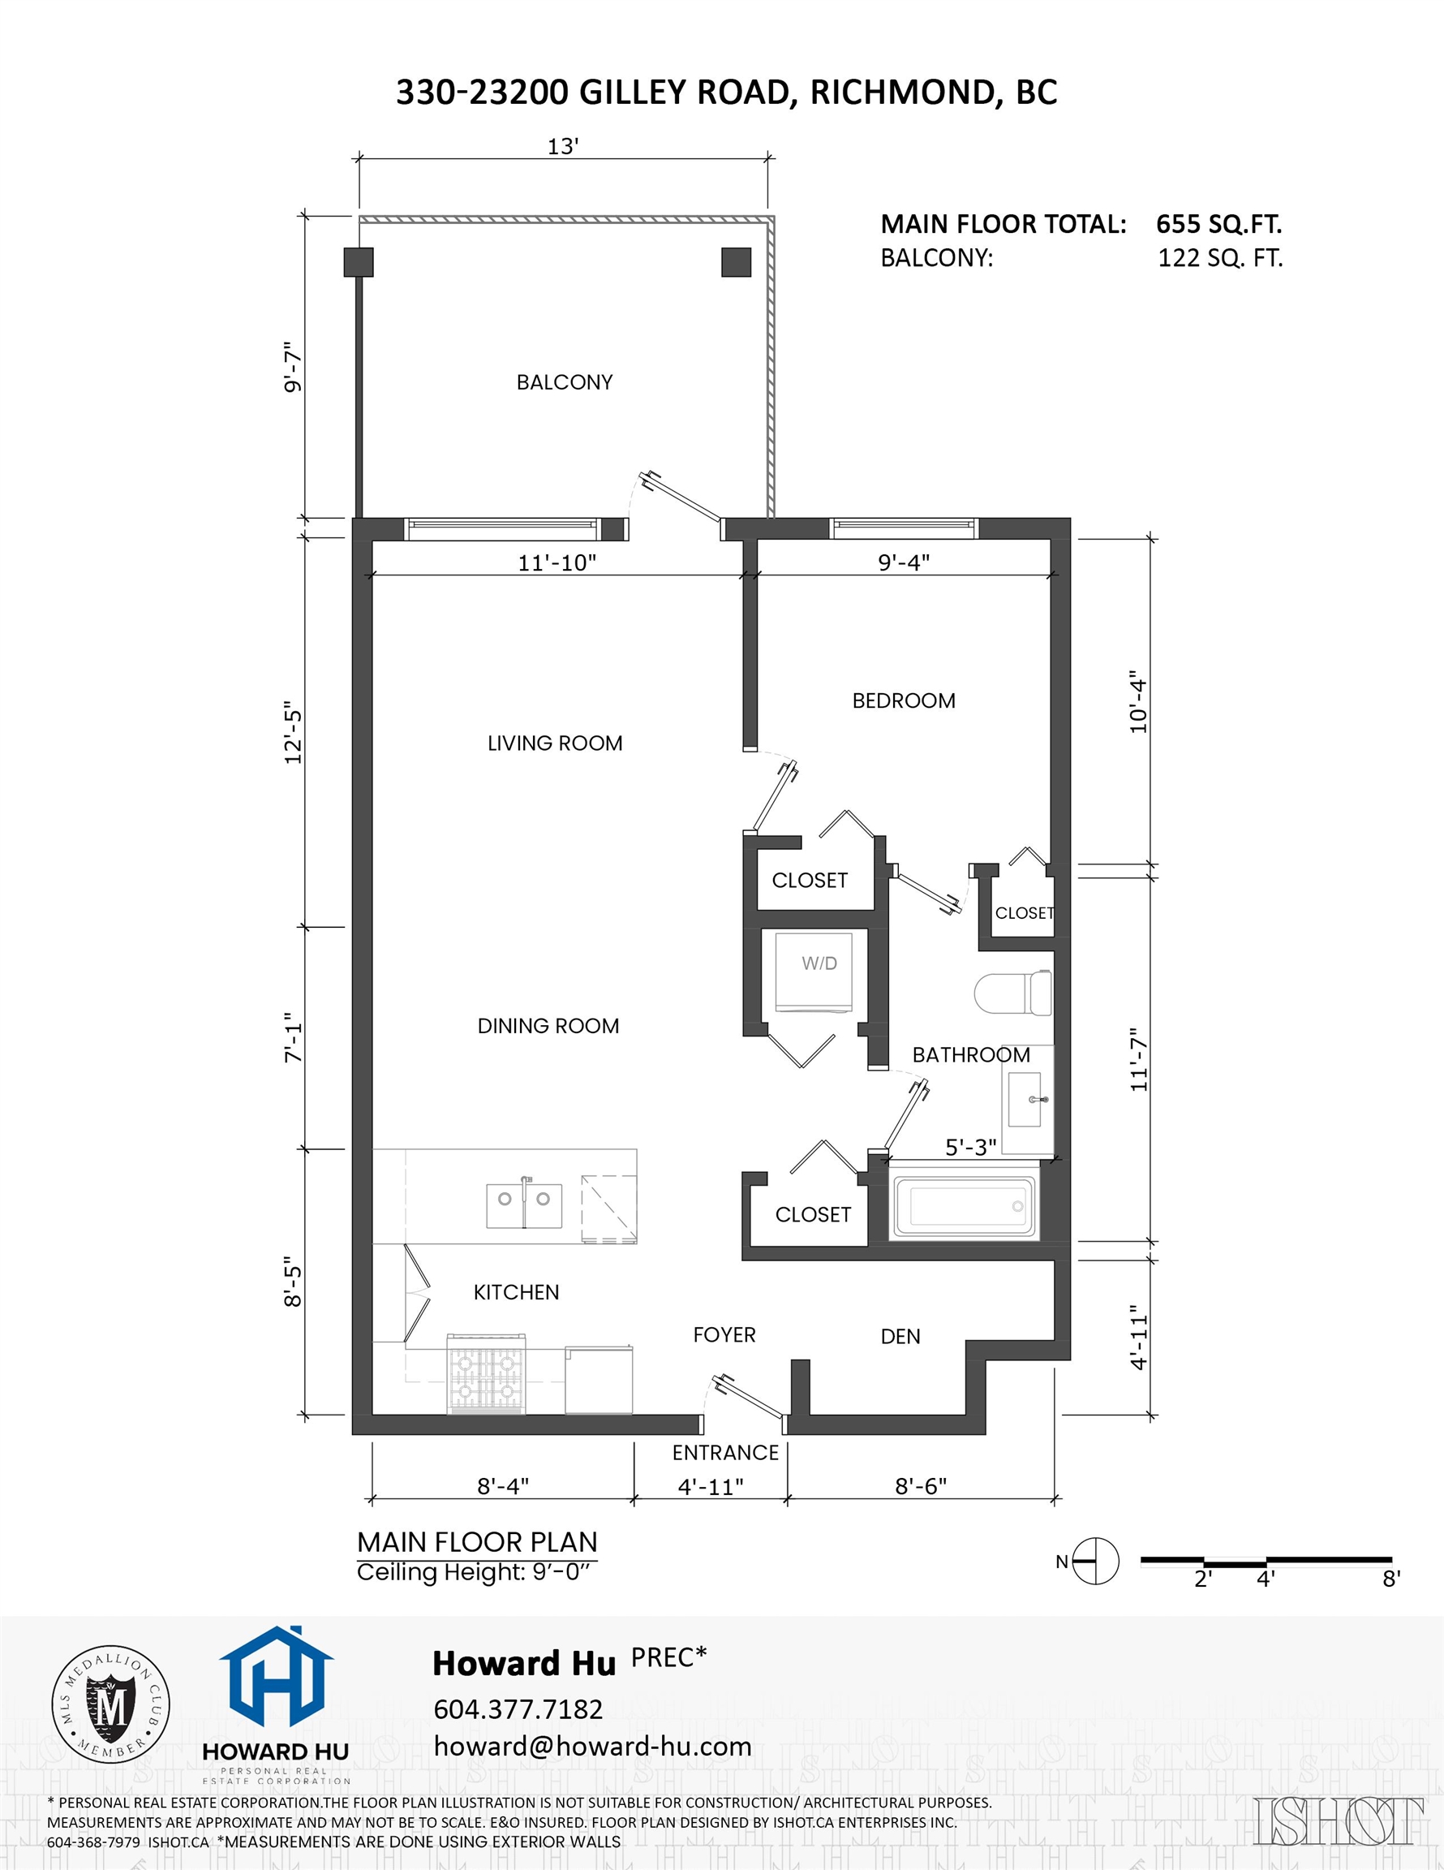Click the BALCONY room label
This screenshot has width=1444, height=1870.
tap(564, 382)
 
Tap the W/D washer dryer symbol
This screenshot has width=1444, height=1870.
tap(819, 972)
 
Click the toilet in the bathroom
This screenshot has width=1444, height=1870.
tap(1013, 993)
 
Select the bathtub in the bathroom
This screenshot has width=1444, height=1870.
tap(965, 1207)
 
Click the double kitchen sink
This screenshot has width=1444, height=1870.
tap(524, 1205)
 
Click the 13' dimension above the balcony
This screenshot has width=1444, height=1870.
tap(563, 147)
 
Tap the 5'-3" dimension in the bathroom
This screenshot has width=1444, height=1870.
tap(971, 1148)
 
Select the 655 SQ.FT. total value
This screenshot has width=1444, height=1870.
tap(1218, 224)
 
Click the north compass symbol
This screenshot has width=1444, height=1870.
tap(1095, 1562)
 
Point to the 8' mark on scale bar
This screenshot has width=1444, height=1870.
tap(1391, 1579)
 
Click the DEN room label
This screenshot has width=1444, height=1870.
tap(900, 1337)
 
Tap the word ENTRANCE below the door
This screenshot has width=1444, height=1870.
tap(725, 1453)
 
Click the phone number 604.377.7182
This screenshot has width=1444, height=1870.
tap(518, 1710)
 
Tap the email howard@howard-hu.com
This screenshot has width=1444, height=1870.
tap(592, 1747)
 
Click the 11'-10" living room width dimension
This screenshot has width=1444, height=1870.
tap(557, 562)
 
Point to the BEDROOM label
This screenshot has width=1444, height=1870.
tap(903, 700)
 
